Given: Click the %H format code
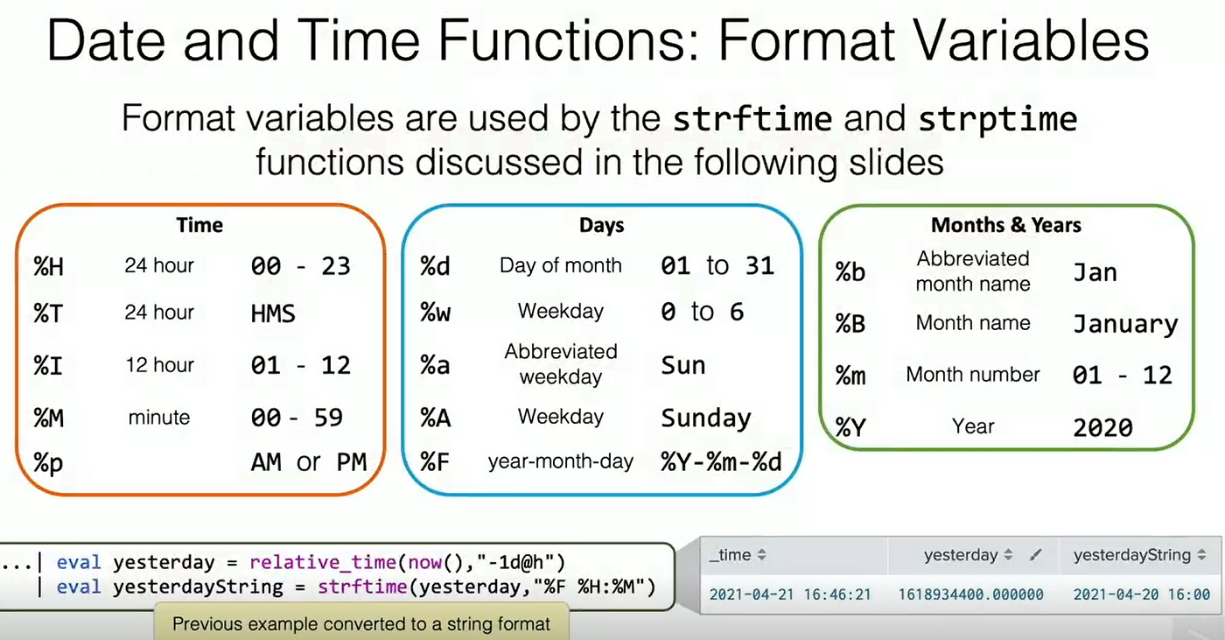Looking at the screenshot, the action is tap(49, 266).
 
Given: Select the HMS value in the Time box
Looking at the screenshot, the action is tap(273, 314).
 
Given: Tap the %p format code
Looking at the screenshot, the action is tap(48, 463).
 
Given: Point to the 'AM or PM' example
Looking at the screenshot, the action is tap(308, 462).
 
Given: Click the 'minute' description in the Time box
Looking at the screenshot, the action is tap(159, 418).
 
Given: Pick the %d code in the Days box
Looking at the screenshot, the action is tap(435, 266).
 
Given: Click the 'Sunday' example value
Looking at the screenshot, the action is tap(706, 418).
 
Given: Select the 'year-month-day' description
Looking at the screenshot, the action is tap(561, 461).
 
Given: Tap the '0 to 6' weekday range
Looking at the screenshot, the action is tap(702, 312).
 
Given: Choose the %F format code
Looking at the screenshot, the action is tap(434, 462).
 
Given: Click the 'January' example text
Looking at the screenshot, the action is tap(1125, 324).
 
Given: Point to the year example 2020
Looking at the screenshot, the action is tap(1102, 428).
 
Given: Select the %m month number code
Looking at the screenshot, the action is tap(850, 376).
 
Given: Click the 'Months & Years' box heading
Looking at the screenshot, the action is tap(1006, 225).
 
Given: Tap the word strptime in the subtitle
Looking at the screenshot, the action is tap(998, 120).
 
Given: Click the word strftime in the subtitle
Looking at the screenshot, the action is tap(752, 119).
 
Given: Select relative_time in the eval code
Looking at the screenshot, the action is tap(323, 562).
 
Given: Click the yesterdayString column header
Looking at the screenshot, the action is tap(1131, 555).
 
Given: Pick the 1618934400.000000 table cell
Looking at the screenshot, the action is tap(970, 594).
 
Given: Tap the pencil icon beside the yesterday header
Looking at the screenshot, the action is tap(1034, 556).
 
